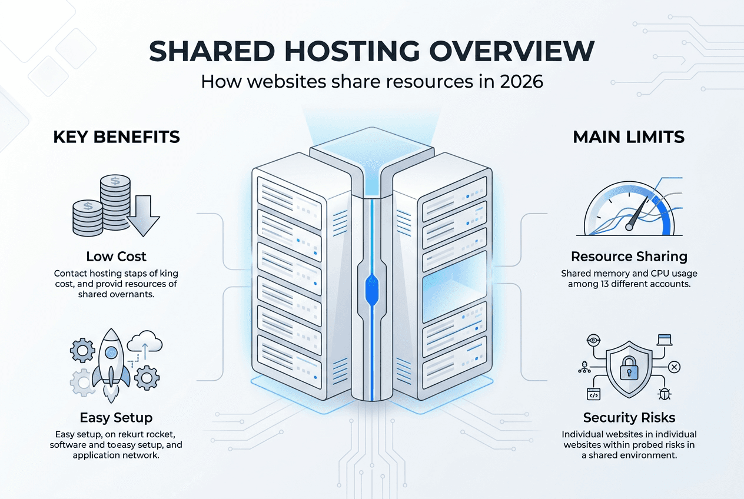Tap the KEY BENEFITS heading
(116, 137)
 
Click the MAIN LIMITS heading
(629, 137)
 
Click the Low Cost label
(116, 257)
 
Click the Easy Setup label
(116, 418)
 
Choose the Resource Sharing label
(629, 257)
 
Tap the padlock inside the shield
(629, 368)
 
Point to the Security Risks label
(629, 418)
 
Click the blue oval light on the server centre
(371, 288)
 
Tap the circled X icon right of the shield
(675, 367)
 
